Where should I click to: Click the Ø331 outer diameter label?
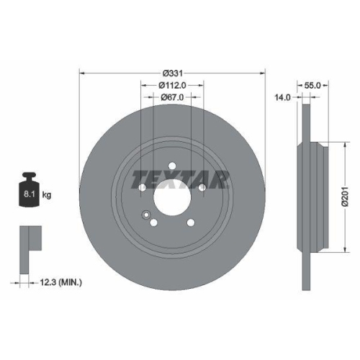click(171, 74)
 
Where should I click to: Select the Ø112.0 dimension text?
click(171, 86)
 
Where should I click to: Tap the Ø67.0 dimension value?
click(171, 97)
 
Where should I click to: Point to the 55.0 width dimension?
click(312, 85)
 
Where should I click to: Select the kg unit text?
click(47, 194)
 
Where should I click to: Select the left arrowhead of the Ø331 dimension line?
click(81, 73)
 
